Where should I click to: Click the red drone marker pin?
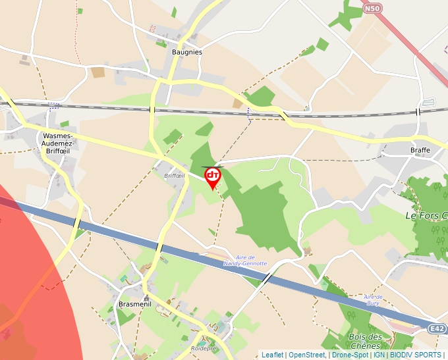[213, 176]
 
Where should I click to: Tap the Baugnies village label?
[186, 51]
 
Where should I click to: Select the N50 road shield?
[372, 9]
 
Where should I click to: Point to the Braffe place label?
[420, 150]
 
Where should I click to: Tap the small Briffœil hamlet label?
[174, 176]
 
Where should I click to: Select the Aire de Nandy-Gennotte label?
[245, 260]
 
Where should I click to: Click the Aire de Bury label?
[373, 299]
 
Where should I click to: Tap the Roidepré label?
[203, 348]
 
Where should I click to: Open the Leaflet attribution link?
[272, 355]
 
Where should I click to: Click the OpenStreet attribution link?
[307, 355]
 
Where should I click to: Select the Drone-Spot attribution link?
[350, 355]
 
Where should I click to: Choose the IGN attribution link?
[379, 355]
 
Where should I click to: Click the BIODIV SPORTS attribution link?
[416, 355]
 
